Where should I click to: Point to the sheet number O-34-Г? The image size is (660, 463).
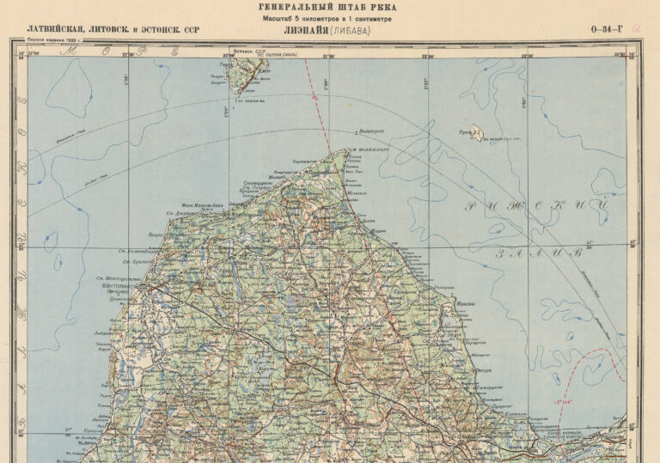(607, 31)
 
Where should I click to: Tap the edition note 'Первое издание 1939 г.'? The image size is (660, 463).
(54, 40)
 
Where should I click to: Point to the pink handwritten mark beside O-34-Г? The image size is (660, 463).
(634, 28)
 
